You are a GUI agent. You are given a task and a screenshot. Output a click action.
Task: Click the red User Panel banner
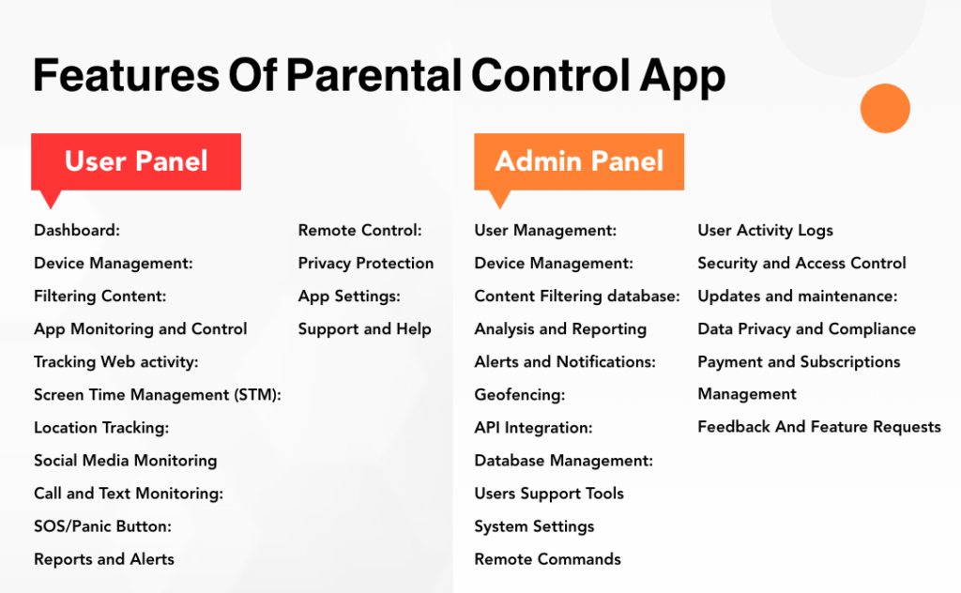(136, 161)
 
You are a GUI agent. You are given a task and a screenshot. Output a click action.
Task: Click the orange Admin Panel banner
(579, 161)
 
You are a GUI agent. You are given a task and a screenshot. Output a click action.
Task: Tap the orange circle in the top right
(885, 108)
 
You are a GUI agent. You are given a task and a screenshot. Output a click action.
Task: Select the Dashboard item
(77, 231)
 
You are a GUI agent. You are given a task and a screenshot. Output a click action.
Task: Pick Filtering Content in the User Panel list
(99, 296)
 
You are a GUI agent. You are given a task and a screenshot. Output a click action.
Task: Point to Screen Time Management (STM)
(158, 395)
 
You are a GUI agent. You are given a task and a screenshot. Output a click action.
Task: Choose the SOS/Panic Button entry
(102, 526)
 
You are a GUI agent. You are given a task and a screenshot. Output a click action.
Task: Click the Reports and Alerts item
(104, 559)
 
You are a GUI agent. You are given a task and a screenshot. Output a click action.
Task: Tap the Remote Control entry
(359, 231)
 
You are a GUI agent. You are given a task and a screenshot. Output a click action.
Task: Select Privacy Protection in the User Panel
(366, 264)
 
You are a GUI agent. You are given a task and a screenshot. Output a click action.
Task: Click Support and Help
(364, 329)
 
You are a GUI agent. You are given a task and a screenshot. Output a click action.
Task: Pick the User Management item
(545, 231)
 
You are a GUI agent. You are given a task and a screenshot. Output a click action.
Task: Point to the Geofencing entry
(519, 395)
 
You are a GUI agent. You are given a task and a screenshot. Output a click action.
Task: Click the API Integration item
(533, 428)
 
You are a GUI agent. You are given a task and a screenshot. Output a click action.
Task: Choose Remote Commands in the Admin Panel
(547, 559)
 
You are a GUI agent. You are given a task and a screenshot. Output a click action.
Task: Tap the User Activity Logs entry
(765, 231)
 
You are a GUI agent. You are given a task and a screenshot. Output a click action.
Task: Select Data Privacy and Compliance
(806, 329)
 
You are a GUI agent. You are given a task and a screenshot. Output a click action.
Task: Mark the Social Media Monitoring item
(125, 461)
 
